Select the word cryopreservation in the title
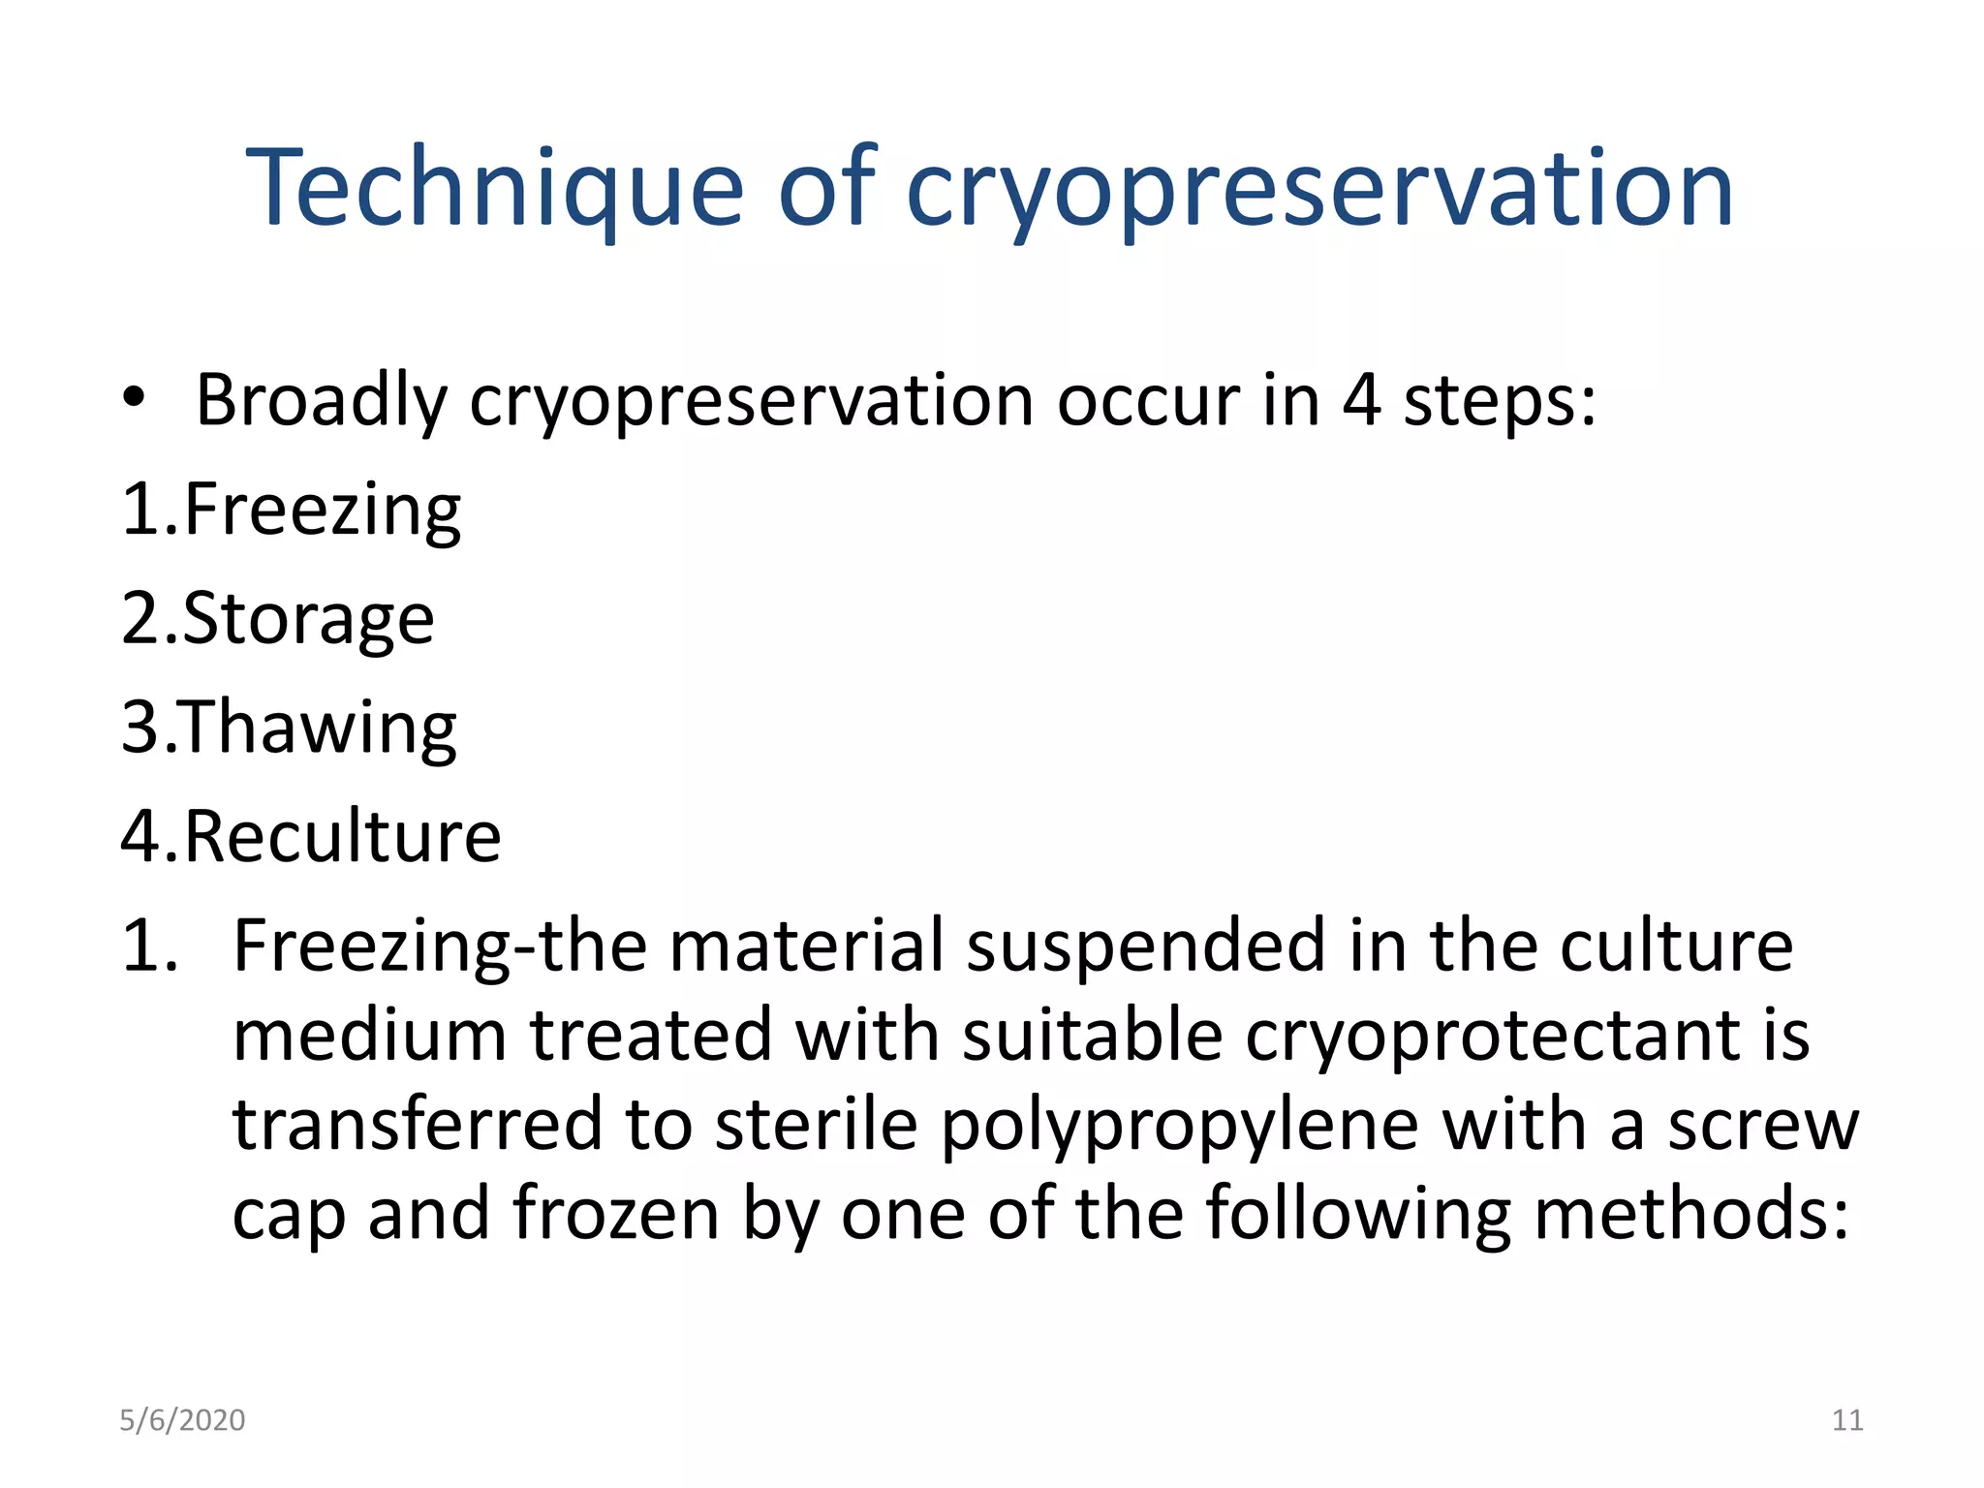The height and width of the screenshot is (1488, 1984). point(1318,189)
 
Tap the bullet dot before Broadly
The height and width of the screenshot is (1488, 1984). point(134,397)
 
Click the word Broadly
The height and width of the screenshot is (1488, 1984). point(322,399)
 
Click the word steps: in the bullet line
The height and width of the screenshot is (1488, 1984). point(1500,401)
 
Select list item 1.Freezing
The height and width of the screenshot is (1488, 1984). point(291,509)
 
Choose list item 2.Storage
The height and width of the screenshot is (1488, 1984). point(277,618)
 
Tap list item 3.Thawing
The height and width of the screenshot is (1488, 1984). point(289,727)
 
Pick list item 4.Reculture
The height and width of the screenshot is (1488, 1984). point(311,835)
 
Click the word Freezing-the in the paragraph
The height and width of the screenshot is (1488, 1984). point(440,945)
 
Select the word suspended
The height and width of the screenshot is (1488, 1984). point(1145,945)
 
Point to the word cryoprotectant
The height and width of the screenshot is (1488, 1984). point(1493,1036)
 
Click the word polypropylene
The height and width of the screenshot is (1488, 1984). point(1179,1126)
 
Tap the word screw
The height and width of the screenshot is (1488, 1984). point(1762,1126)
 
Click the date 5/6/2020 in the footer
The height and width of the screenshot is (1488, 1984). point(182,1420)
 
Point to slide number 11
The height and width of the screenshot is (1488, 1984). point(1847,1420)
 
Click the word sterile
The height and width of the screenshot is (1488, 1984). point(816,1125)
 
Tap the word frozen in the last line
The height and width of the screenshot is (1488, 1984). point(616,1213)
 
